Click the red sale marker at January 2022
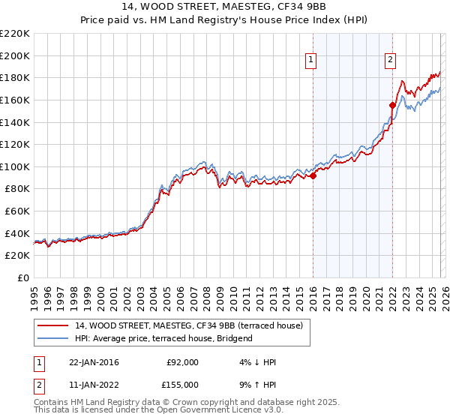tap(392, 105)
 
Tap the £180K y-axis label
tap(15, 77)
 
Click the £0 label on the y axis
tap(22, 278)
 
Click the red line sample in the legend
tap(53, 325)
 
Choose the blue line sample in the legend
tap(53, 338)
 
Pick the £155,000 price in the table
tap(183, 385)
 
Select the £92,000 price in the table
tap(183, 362)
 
